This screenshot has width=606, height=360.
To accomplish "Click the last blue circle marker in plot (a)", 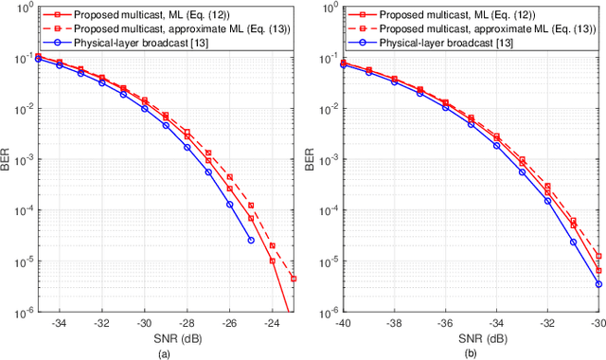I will coord(251,240).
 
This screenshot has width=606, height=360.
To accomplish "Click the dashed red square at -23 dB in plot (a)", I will coord(294,279).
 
